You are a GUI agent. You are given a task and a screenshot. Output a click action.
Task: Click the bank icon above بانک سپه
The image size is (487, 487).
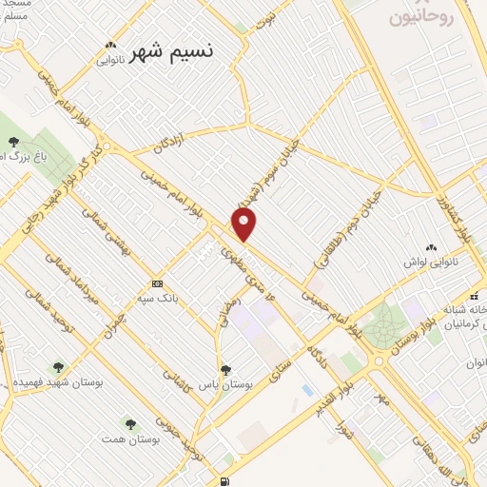click(157, 283)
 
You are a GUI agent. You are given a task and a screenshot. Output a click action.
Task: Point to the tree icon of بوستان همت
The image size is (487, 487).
click(130, 423)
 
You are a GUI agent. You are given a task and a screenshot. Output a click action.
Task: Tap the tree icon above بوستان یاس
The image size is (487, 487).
click(225, 370)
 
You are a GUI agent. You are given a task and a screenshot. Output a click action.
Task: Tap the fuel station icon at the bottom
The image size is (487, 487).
click(224, 480)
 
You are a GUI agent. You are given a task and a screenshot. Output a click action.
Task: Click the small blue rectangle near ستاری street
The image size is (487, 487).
click(306, 390)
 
